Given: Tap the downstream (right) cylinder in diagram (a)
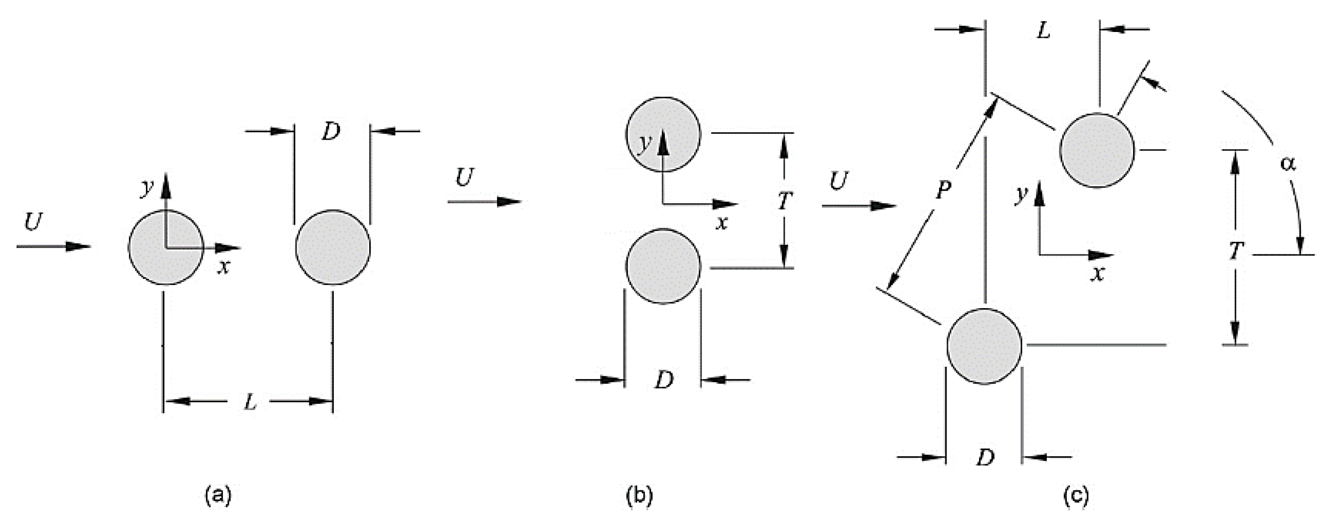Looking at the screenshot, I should click(x=333, y=247).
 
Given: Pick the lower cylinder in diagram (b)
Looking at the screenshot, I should click(x=663, y=266).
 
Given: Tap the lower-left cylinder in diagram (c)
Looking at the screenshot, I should click(x=984, y=346).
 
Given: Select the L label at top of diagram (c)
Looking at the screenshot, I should click(x=1043, y=31).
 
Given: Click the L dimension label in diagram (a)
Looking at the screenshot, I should click(x=250, y=402).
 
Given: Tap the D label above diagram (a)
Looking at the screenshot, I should click(x=331, y=132).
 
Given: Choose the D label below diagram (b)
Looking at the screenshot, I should click(x=663, y=381).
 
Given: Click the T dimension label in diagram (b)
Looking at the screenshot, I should click(x=784, y=201).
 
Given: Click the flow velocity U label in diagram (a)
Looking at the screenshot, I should click(x=33, y=223).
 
